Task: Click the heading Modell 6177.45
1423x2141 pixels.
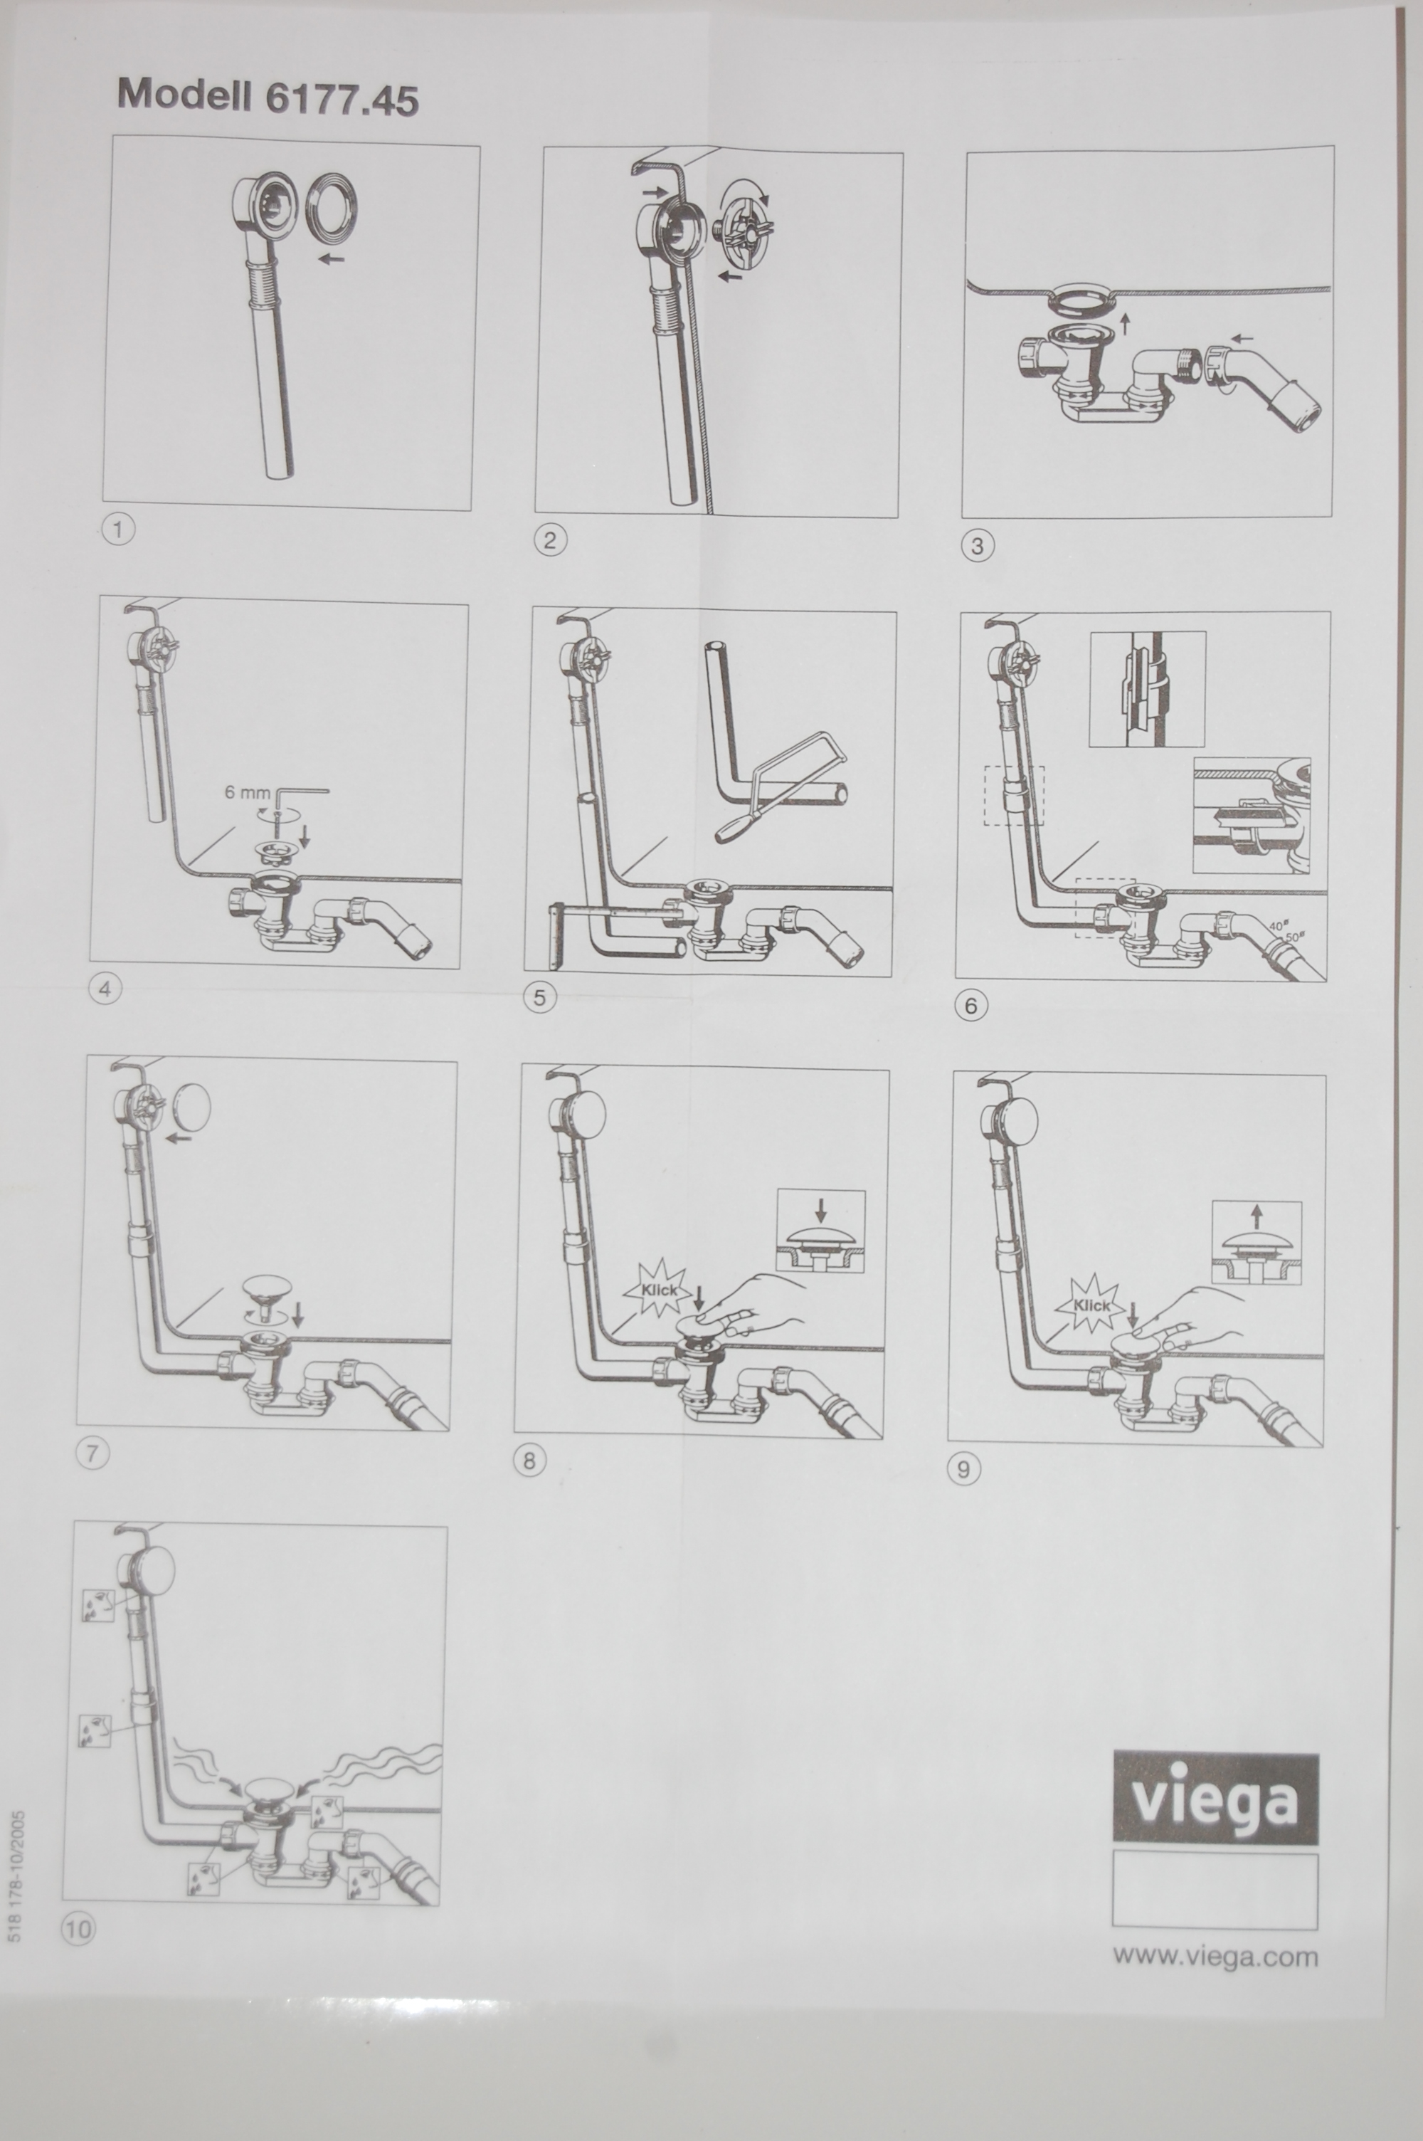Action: point(268,96)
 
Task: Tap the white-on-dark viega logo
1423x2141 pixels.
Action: point(1215,1797)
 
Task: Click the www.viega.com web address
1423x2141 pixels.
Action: point(1215,1955)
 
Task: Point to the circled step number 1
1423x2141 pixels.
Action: point(119,529)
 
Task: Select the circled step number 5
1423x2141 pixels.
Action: point(540,997)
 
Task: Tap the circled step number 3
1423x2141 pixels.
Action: point(978,545)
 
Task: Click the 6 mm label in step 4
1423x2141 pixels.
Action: point(247,791)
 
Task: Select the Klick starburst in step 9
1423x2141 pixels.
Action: point(1090,1305)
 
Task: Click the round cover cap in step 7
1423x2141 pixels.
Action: point(191,1108)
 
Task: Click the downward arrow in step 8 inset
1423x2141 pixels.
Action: point(821,1209)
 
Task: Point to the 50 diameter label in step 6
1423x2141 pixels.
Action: point(1294,936)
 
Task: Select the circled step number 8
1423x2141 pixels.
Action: point(530,1461)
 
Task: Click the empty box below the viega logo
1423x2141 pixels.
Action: point(1215,1890)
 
